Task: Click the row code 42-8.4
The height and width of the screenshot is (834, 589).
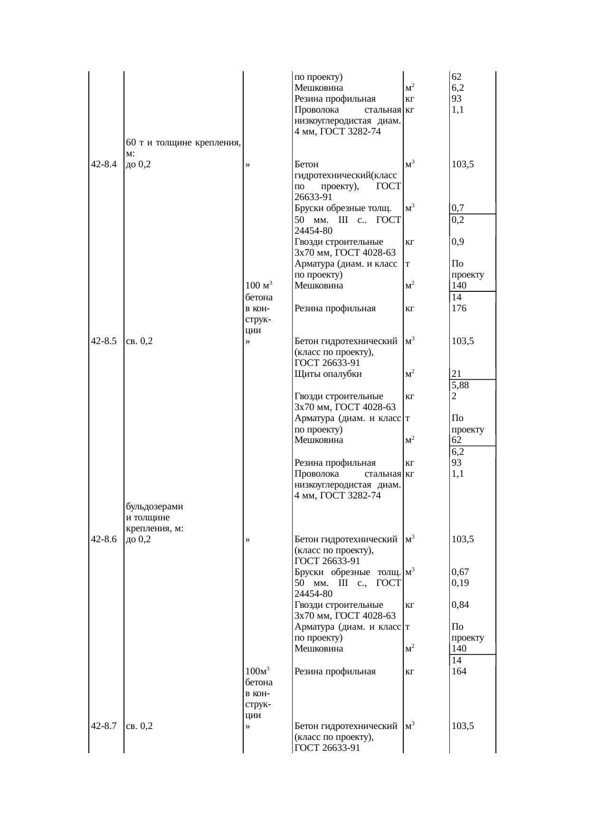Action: click(x=104, y=165)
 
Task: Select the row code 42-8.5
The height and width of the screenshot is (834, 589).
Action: click(x=104, y=341)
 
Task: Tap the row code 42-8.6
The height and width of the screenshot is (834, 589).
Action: click(x=104, y=539)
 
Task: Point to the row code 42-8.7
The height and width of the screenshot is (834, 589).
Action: click(x=104, y=726)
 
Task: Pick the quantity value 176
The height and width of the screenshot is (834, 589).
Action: click(x=459, y=308)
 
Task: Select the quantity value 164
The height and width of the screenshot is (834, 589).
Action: click(x=459, y=671)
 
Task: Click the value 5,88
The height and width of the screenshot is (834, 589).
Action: click(x=460, y=385)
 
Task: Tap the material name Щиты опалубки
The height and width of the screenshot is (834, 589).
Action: click(x=328, y=374)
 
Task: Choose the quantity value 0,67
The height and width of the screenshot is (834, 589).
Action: click(x=460, y=572)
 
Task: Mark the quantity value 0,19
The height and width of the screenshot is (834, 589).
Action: click(x=460, y=583)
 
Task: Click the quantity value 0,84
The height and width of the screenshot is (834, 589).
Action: click(x=460, y=605)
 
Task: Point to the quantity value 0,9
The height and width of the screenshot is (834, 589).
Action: click(x=458, y=241)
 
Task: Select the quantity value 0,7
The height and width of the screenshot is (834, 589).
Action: click(x=458, y=208)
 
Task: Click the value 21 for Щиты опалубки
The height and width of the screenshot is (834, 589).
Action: click(x=456, y=374)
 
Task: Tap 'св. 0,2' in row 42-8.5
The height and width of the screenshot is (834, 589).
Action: click(x=139, y=341)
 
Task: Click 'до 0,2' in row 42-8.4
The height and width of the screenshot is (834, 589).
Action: click(x=139, y=165)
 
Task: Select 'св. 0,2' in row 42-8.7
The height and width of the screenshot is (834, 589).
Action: click(x=139, y=726)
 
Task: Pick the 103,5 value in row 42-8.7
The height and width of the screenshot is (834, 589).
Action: click(x=463, y=726)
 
